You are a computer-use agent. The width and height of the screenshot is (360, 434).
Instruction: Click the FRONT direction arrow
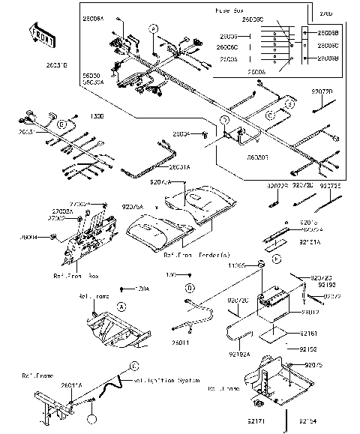[x=40, y=34]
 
